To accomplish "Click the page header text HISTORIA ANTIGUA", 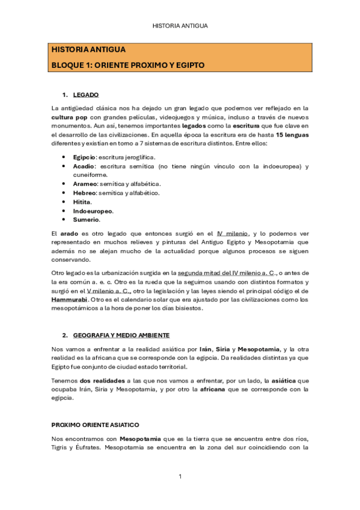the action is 180,26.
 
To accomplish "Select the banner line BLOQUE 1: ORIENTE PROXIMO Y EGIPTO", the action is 128,64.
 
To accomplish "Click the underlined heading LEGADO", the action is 86,96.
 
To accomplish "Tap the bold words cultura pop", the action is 70,117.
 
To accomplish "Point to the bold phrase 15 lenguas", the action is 291,135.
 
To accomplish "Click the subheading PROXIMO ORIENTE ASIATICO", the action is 96,424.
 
